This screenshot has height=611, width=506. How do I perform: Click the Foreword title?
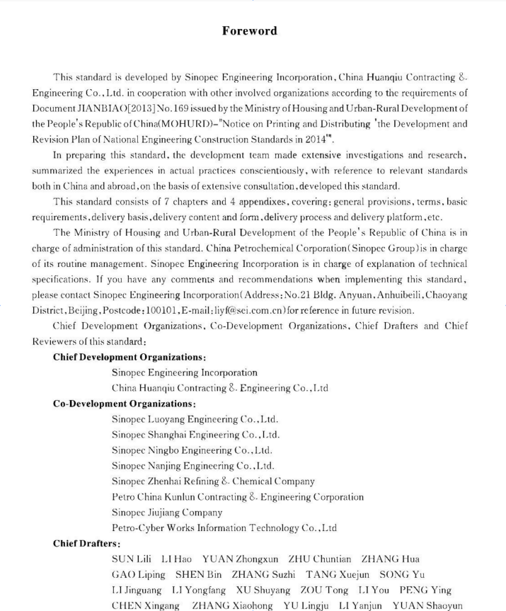[x=249, y=30]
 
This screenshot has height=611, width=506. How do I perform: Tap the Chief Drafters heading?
[x=86, y=543]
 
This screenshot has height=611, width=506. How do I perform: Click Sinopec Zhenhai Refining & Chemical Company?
[x=213, y=481]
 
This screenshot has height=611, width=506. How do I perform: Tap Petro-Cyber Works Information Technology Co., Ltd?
[x=224, y=527]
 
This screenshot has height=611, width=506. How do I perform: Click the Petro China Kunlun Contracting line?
[x=238, y=496]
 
